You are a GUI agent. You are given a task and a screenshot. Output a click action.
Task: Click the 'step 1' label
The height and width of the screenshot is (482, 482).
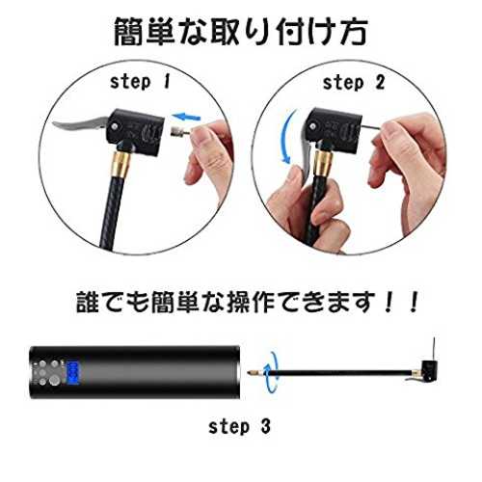pos(140,82)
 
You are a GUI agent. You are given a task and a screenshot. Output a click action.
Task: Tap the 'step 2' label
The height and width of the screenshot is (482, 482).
pos(354,83)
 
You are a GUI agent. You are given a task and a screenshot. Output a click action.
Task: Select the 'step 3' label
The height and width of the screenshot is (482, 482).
pos(239,427)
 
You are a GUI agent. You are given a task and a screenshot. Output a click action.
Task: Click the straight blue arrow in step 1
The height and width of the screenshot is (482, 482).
pos(186,116)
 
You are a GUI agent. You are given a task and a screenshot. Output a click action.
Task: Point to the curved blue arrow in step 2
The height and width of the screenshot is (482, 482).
pos(287,137)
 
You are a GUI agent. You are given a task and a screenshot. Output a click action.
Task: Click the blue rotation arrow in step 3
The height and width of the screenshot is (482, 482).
pos(271,373)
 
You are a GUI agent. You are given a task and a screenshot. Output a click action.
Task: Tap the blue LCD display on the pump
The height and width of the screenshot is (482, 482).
pos(73,373)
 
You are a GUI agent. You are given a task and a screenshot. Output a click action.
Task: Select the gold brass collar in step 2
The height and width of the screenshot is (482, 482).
pos(322,163)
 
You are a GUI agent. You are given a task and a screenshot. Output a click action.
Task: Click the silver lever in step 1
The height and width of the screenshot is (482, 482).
pos(80,124)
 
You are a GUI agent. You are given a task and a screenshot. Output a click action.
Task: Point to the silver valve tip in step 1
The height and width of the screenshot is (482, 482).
pos(175,131)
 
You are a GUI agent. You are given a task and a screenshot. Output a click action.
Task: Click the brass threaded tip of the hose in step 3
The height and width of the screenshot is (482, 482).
pos(253,373)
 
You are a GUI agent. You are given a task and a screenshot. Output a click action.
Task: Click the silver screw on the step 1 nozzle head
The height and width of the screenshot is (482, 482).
pos(115,126)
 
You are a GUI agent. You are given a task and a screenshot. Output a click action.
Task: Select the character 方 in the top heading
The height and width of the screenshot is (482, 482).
pos(354,32)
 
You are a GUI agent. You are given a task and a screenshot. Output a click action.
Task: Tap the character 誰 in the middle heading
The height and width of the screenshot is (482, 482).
pos(88,302)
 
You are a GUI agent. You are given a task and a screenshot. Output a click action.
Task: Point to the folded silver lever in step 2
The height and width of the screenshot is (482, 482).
pos(305,151)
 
